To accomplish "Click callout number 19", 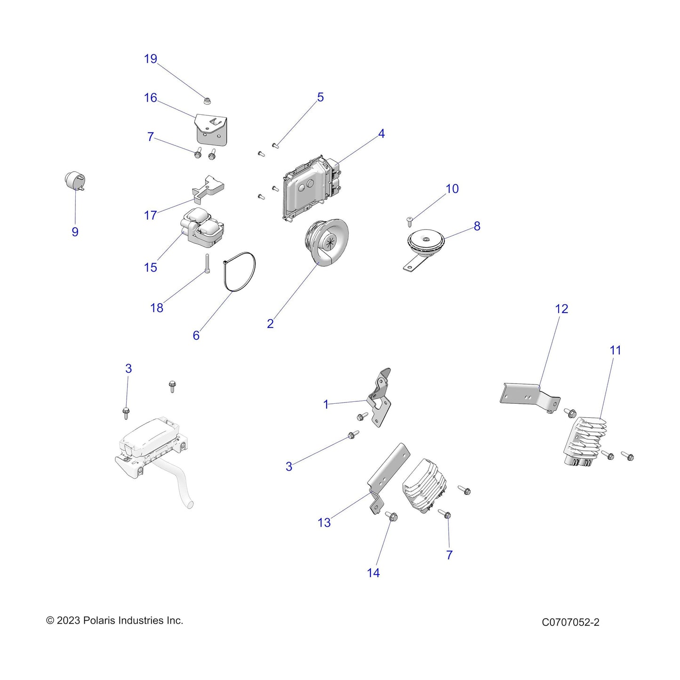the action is [150, 58].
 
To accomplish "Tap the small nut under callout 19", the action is [206, 101].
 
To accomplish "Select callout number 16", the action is [150, 97].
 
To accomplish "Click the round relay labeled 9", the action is [74, 181].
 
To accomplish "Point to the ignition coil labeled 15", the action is [202, 228].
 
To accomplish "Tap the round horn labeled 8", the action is [425, 246].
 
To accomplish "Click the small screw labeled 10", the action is [410, 222].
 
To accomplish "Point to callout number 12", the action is [561, 309].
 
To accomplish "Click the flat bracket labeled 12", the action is [529, 398].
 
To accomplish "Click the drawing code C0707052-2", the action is [571, 622].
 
